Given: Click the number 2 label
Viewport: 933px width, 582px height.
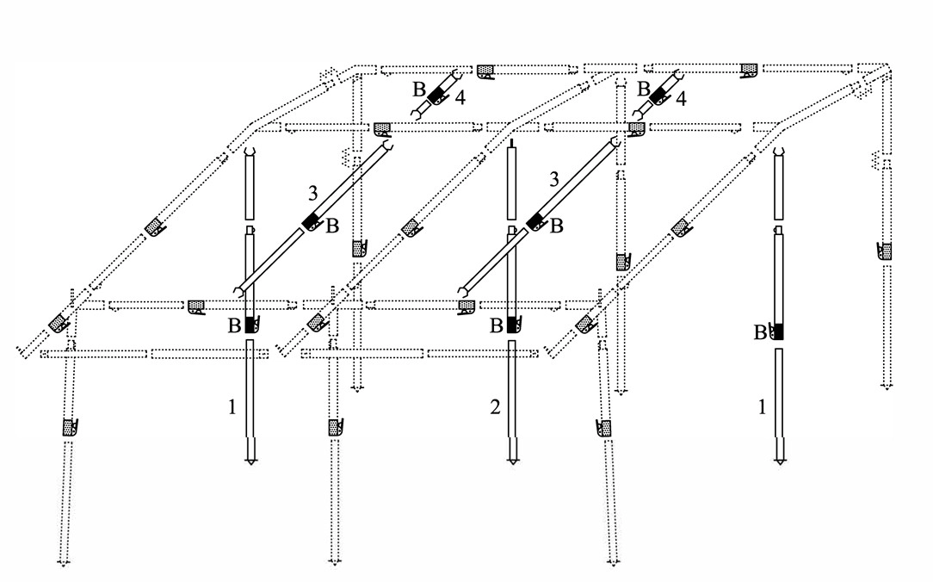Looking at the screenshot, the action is [x=495, y=407].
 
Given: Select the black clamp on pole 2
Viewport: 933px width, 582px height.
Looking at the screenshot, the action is [x=512, y=325].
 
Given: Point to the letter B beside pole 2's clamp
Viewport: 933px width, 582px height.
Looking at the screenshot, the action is [x=497, y=326].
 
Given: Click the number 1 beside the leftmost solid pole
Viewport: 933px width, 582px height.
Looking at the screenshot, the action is [x=232, y=407].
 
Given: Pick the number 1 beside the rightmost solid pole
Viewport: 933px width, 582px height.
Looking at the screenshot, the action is [x=762, y=407].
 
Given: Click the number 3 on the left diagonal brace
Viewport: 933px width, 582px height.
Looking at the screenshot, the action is [x=313, y=194].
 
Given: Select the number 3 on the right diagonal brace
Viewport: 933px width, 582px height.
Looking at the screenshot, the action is [x=554, y=178].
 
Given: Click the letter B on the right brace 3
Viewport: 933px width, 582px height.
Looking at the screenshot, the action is [x=556, y=226].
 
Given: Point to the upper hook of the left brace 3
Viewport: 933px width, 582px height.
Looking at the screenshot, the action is [x=386, y=144].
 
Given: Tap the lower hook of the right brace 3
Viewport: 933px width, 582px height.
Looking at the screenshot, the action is [x=462, y=291].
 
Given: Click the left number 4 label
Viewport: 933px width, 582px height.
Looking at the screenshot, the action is [x=460, y=97].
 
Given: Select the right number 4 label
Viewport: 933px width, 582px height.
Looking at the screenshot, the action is [x=681, y=98].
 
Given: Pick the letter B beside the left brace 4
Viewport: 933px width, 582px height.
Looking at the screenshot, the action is [x=419, y=90].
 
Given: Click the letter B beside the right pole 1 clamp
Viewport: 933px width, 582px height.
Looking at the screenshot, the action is [x=761, y=333].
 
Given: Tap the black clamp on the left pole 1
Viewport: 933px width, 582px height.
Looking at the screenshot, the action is [x=250, y=325].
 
